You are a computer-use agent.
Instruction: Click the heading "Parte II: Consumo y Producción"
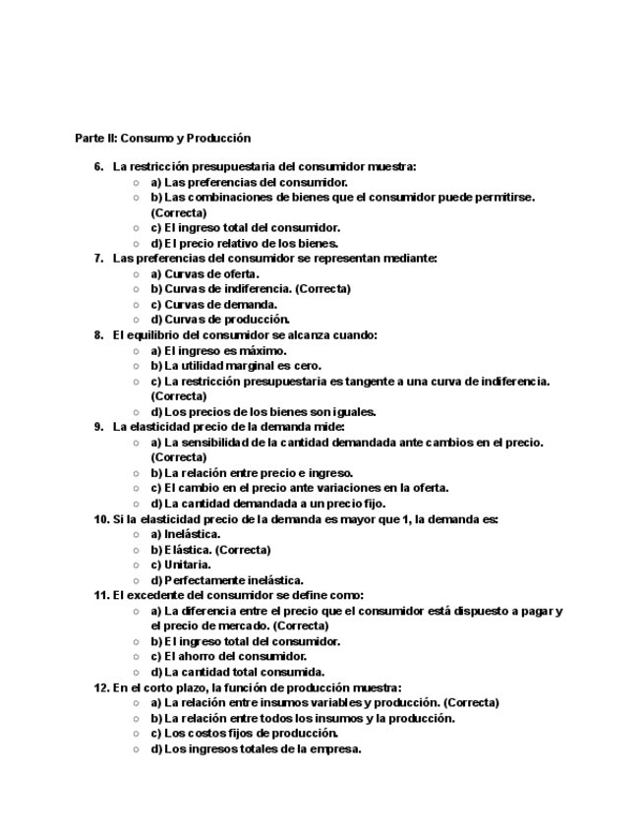pos(163,138)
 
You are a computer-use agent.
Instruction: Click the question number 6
pos(98,167)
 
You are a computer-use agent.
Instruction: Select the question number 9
pos(98,427)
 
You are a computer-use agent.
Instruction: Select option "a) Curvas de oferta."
pos(205,273)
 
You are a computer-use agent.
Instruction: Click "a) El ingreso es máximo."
pos(218,350)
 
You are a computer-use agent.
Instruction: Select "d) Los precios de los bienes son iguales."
pos(263,412)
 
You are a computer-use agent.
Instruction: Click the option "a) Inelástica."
pos(185,534)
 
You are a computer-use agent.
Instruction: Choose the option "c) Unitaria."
pos(180,565)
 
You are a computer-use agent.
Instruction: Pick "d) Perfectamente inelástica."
pos(226,580)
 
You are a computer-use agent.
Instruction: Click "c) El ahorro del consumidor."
pos(228,656)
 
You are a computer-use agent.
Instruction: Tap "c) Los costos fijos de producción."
pos(244,733)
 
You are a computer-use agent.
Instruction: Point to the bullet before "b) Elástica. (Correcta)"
pos(137,550)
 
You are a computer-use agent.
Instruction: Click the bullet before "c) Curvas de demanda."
pos(137,305)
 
